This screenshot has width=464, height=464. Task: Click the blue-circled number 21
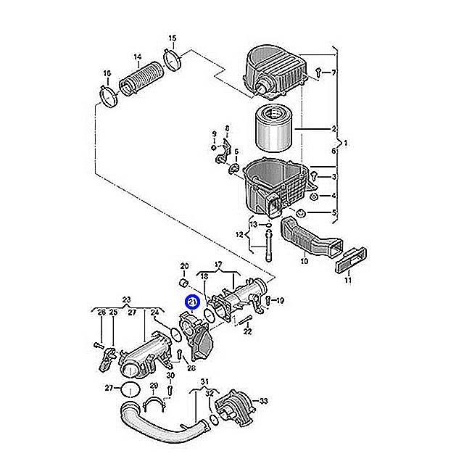tap(192, 302)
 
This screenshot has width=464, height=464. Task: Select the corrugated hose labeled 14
tap(141, 78)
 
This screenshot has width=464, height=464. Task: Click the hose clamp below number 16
tap(109, 96)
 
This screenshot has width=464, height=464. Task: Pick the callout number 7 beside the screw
tap(333, 72)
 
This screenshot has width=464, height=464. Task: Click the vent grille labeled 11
tap(351, 260)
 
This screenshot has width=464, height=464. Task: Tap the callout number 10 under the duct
tap(304, 261)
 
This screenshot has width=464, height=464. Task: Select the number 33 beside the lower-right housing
tap(263, 401)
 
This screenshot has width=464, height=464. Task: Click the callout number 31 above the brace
tap(204, 381)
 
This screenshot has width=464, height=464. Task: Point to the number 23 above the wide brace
tap(126, 299)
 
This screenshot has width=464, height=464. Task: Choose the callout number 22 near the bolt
tap(247, 331)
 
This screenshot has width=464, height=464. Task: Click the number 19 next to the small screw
tap(280, 301)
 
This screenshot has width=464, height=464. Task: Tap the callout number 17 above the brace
tap(218, 264)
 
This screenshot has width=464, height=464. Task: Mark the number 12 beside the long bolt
tap(239, 235)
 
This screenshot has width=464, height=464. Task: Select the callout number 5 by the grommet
tap(333, 212)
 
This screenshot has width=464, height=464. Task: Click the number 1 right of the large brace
tap(345, 144)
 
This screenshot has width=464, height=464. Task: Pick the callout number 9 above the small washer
tap(215, 134)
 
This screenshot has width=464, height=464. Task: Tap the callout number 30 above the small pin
tap(170, 376)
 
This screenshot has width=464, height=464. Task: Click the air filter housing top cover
tap(275, 72)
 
